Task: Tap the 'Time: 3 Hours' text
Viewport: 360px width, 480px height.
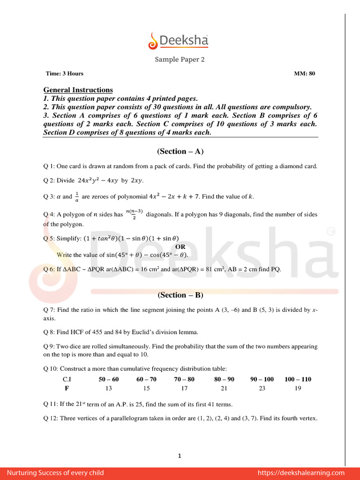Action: (65, 74)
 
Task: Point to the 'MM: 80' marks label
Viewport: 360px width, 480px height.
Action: (304, 74)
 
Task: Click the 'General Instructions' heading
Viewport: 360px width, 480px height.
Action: (78, 90)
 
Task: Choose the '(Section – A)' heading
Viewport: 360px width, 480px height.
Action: (180, 151)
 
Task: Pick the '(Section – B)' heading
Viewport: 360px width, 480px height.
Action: (180, 295)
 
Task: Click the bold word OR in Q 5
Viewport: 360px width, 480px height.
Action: (180, 247)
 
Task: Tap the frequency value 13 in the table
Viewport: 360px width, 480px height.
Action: (109, 389)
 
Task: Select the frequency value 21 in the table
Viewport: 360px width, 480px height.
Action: (224, 389)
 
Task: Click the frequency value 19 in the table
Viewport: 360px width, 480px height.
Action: (298, 389)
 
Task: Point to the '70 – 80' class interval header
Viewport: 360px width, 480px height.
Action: (184, 379)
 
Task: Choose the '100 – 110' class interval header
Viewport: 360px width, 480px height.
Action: (298, 379)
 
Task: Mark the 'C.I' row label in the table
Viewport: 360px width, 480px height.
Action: (67, 379)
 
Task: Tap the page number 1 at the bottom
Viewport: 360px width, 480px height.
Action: (180, 456)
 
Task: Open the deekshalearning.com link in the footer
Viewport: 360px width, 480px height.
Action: (301, 473)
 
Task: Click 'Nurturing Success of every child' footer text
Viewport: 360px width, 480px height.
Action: (55, 473)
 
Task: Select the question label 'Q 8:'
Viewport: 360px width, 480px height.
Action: (50, 332)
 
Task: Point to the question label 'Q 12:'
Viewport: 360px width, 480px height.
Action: (51, 418)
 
